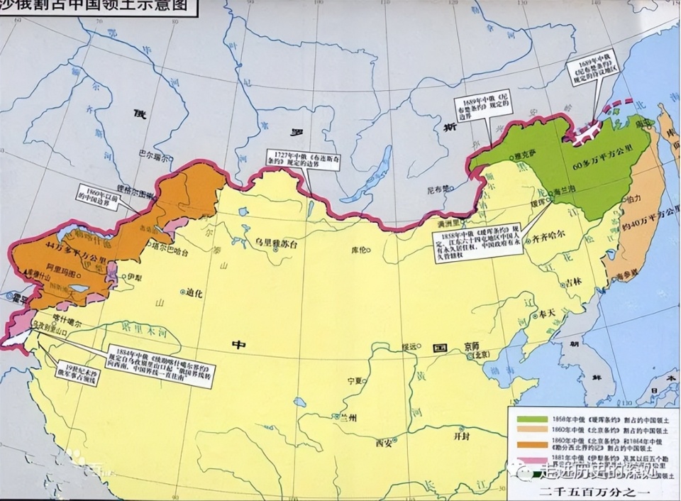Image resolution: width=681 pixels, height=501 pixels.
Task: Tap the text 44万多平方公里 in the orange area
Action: click(x=62, y=246)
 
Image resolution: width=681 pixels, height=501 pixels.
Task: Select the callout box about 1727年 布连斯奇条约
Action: click(x=292, y=158)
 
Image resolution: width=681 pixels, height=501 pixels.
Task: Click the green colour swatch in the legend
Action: click(x=527, y=416)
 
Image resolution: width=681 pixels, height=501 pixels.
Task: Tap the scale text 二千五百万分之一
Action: click(x=589, y=492)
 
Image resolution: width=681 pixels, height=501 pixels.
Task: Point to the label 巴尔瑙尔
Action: click(x=154, y=150)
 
